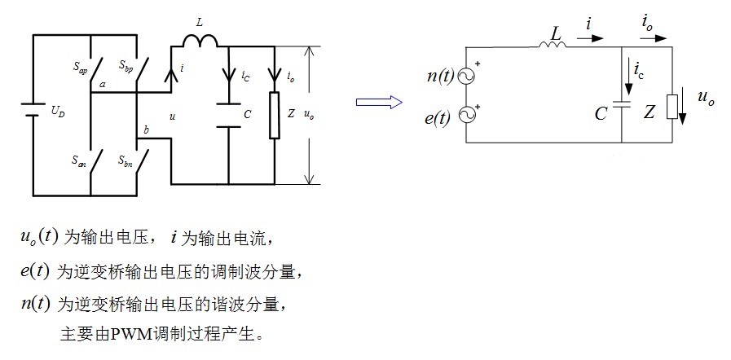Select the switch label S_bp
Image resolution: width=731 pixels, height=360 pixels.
point(126,64)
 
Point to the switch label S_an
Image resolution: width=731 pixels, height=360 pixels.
point(78,160)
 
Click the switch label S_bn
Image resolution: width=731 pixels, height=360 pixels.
point(125,161)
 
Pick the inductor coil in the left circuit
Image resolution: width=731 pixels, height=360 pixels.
point(200,42)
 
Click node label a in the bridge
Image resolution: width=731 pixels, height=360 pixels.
point(103,85)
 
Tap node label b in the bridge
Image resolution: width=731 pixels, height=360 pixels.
point(147,130)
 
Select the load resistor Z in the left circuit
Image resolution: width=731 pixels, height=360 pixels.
point(275,115)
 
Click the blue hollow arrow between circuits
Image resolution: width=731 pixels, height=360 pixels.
point(379,102)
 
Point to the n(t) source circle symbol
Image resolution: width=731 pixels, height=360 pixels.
point(465,77)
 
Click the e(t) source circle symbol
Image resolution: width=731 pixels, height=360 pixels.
point(465,115)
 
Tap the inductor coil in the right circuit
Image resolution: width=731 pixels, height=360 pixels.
point(553,44)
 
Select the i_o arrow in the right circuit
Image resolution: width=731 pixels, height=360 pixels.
point(653,39)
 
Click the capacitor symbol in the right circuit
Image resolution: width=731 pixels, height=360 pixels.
point(622,104)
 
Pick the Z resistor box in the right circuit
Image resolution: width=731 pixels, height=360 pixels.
point(672,107)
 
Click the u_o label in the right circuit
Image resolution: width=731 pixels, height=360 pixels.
point(706,98)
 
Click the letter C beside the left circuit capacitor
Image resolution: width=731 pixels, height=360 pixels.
point(248,114)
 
